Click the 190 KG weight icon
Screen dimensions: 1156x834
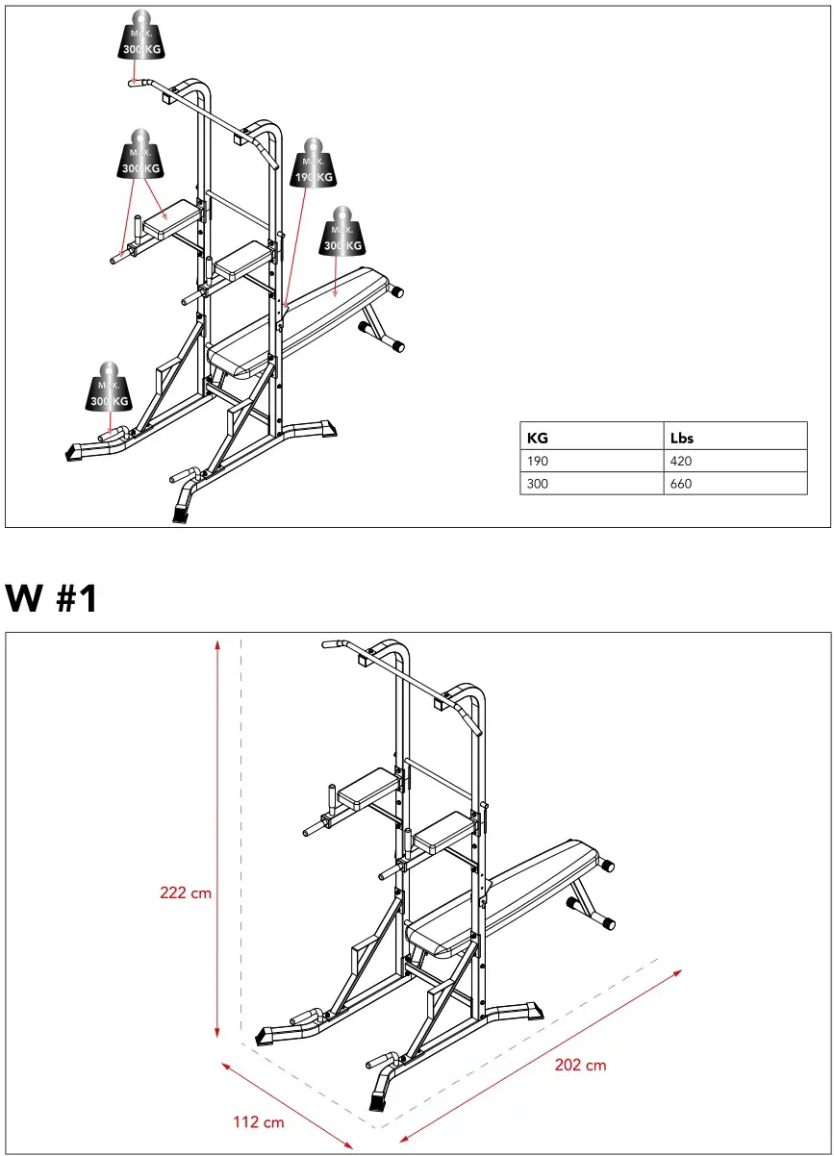[x=314, y=165]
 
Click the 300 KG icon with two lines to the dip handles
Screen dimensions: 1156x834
[x=140, y=157]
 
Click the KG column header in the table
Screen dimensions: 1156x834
[x=538, y=438]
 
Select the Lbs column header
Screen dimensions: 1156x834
[x=681, y=438]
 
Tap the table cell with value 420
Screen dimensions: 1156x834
[x=681, y=461]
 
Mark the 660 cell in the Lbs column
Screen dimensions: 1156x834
[x=681, y=484]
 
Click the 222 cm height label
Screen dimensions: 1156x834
[x=186, y=892]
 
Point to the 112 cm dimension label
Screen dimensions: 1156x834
[x=259, y=1121]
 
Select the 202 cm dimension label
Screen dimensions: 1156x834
[x=581, y=1065]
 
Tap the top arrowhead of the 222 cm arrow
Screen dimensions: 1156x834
[x=219, y=642]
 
